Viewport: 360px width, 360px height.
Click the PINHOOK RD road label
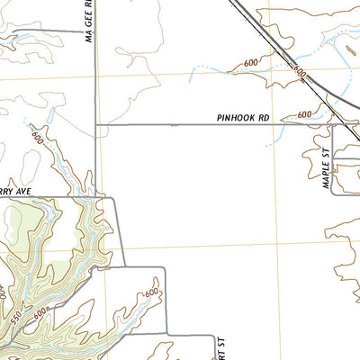(x=244, y=118)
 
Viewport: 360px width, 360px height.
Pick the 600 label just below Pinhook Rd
(x=304, y=114)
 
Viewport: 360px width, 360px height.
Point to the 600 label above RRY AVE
(x=37, y=138)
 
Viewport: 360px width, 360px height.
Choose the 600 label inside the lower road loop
(x=149, y=293)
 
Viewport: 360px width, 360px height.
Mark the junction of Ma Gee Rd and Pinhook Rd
(x=96, y=125)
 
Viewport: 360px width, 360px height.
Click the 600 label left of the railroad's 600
(x=251, y=63)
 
